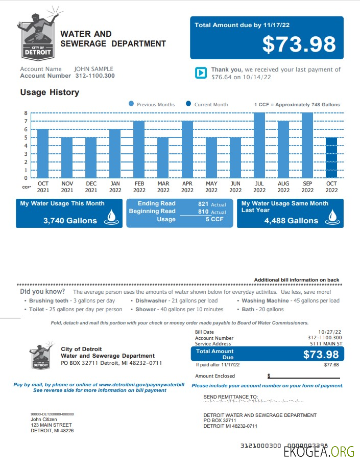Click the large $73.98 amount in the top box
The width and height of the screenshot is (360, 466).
tap(299, 44)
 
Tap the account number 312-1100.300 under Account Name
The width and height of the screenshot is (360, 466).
tap(94, 76)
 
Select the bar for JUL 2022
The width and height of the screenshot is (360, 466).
tap(259, 146)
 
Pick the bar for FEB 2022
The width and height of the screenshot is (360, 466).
tap(139, 150)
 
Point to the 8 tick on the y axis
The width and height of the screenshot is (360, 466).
tap(26, 113)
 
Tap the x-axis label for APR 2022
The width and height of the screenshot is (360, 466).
tap(187, 187)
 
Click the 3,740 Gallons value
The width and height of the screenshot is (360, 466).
tap(70, 221)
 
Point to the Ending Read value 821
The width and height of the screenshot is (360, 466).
tap(203, 204)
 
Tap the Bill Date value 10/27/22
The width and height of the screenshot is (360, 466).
tap(330, 332)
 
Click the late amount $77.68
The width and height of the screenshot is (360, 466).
tap(331, 365)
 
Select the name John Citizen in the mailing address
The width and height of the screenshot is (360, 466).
tap(44, 420)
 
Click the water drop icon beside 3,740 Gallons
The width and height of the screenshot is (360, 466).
tap(111, 219)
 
